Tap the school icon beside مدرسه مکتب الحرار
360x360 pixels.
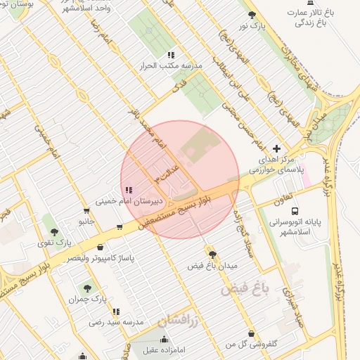pyautogui.click(x=171, y=55)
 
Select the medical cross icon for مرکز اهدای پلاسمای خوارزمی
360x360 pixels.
pyautogui.click(x=276, y=149)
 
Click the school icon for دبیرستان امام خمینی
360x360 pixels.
pyautogui.click(x=128, y=190)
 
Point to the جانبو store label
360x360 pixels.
pyautogui.click(x=86, y=221)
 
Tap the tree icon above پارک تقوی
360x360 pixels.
pyautogui.click(x=53, y=231)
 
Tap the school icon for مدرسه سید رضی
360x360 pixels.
pyautogui.click(x=116, y=311)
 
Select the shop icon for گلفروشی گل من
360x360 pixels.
pyautogui.click(x=251, y=333)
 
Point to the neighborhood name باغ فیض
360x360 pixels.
pyautogui.click(x=245, y=288)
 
